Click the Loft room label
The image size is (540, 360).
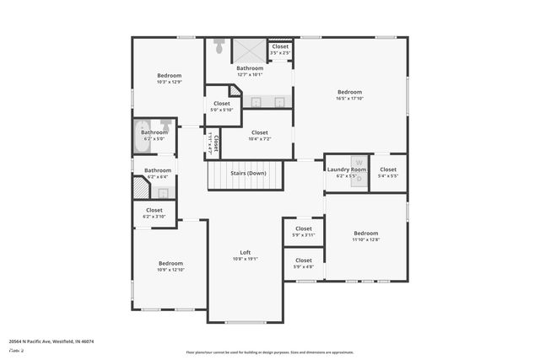point(246,252)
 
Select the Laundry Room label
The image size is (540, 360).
point(347,169)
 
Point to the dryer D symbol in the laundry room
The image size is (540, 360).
point(359,180)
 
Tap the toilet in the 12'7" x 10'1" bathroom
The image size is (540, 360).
point(219,47)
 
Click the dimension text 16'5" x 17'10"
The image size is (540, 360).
point(349,99)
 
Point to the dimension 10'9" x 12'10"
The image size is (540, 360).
point(170,269)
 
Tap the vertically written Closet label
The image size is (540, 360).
point(217,143)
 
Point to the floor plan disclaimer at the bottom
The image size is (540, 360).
point(270,352)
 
